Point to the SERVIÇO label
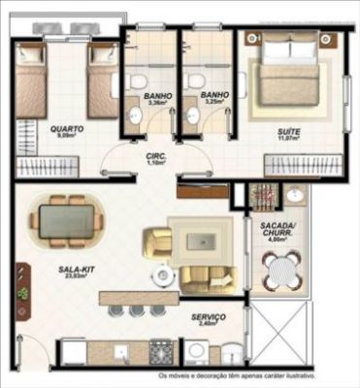(209, 317)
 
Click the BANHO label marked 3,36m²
(157, 96)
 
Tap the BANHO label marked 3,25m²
(214, 96)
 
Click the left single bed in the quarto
(31, 82)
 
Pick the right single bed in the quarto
(100, 82)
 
